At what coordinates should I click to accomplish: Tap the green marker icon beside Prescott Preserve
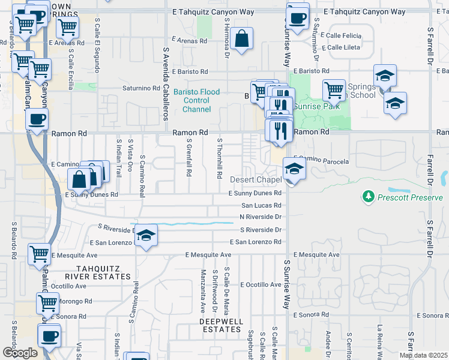tap(368, 196)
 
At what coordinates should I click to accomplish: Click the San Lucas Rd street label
tap(261, 205)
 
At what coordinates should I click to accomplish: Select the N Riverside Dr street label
tap(261, 217)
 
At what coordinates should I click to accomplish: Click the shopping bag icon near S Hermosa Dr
tap(241, 39)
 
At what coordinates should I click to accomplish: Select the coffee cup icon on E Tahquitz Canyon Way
tap(297, 16)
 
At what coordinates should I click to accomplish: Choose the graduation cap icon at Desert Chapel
tap(294, 169)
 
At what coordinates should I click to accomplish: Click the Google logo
tap(20, 353)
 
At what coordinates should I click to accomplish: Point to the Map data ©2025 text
tap(423, 355)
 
